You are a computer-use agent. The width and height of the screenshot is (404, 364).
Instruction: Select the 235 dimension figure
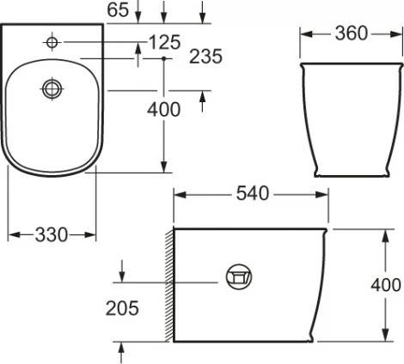pos(207,57)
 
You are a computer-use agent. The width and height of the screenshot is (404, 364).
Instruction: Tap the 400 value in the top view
pos(163,109)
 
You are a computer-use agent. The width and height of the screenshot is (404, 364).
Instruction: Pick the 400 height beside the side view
pos(386,285)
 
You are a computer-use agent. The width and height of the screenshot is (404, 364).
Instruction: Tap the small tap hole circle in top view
pos(52,41)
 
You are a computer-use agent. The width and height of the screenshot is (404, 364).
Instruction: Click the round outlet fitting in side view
pos(238,276)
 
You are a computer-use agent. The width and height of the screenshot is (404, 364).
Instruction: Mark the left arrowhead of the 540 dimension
pos(178,195)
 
